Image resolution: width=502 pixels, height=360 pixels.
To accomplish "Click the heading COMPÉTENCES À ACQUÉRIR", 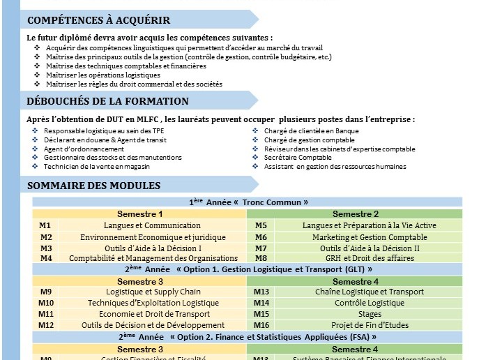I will click(x=98, y=20).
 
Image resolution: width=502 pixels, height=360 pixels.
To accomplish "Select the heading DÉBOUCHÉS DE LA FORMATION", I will click(x=107, y=102).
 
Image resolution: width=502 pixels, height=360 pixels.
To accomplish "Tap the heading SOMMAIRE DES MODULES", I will click(x=93, y=186).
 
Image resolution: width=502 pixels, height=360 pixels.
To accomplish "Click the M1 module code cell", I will click(x=45, y=226).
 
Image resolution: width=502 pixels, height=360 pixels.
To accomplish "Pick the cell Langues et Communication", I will click(x=152, y=226).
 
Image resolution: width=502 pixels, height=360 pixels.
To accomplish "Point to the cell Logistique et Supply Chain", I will click(x=153, y=292).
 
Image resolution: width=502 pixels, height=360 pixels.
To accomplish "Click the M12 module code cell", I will click(x=46, y=325).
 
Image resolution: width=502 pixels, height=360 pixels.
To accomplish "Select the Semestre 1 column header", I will click(x=139, y=214).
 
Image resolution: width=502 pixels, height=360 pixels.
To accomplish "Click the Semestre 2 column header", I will click(x=356, y=214).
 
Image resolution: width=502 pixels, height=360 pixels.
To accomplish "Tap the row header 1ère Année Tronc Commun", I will click(x=248, y=202).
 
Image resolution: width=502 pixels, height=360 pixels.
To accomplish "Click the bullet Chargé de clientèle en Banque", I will click(x=311, y=131).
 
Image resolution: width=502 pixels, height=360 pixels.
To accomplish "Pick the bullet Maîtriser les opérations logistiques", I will click(x=103, y=75).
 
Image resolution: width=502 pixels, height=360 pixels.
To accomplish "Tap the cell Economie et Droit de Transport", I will click(x=153, y=314).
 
